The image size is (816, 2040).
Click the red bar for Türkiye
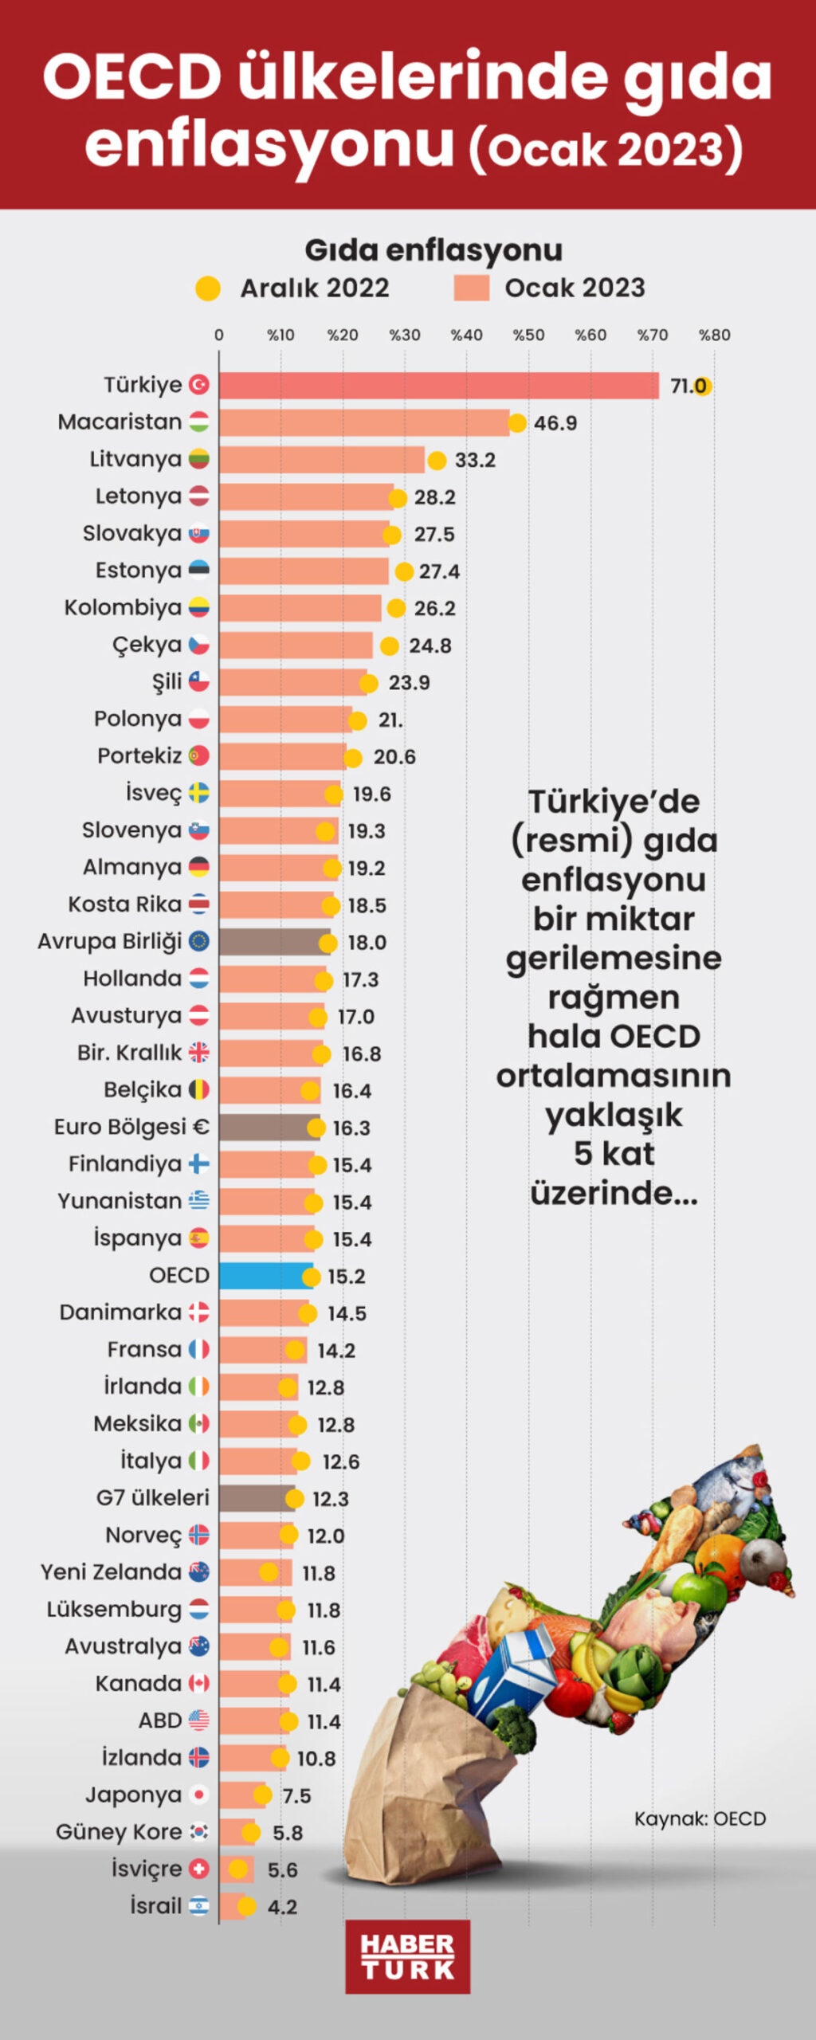click(x=438, y=386)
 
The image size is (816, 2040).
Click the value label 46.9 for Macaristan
click(x=555, y=423)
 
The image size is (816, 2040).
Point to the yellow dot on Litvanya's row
click(x=437, y=461)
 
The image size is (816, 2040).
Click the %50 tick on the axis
click(x=528, y=335)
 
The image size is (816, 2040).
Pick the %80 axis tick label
click(x=714, y=335)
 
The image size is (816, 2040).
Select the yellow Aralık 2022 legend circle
click(x=208, y=288)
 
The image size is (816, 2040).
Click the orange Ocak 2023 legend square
click(x=471, y=288)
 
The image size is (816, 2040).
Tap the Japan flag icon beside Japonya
click(x=199, y=1795)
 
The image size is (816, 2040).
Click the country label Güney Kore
click(x=119, y=1832)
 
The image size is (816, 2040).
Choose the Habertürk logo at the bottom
click(x=407, y=1956)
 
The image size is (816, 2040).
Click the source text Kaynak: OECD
click(x=700, y=1818)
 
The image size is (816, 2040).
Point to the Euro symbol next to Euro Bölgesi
click(x=200, y=1127)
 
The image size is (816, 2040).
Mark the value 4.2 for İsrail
click(x=282, y=1907)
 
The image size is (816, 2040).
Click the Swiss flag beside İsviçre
click(x=199, y=1869)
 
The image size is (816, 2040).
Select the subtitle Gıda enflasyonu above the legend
click(x=433, y=250)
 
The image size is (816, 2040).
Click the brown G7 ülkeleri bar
click(x=257, y=1498)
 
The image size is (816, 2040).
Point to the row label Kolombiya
click(x=123, y=608)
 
